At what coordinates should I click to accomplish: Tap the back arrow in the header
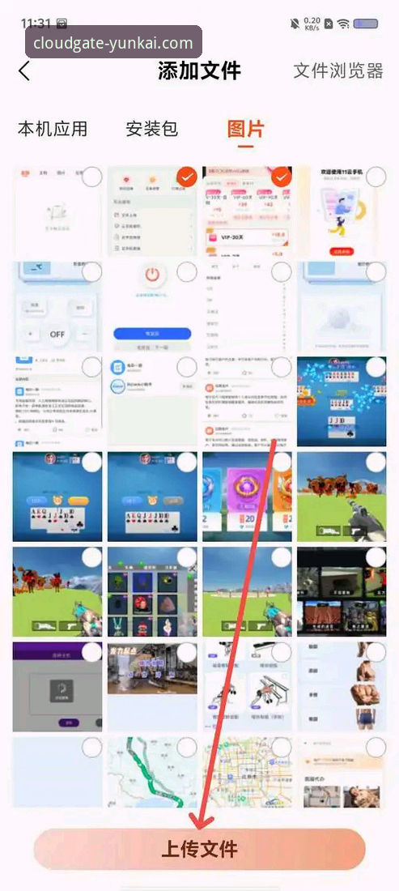(24, 71)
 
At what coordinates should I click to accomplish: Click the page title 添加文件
(200, 70)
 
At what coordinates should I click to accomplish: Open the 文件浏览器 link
(338, 70)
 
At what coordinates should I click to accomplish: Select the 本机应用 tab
(53, 129)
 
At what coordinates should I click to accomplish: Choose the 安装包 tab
(151, 129)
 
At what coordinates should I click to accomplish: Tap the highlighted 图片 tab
(246, 129)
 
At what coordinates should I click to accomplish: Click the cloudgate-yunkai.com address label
(113, 43)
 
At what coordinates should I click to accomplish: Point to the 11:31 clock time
(36, 23)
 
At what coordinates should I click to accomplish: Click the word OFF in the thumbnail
(57, 333)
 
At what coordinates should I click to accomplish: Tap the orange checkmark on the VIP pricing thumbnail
(281, 176)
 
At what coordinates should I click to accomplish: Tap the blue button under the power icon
(151, 333)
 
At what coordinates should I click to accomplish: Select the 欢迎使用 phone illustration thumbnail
(342, 211)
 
